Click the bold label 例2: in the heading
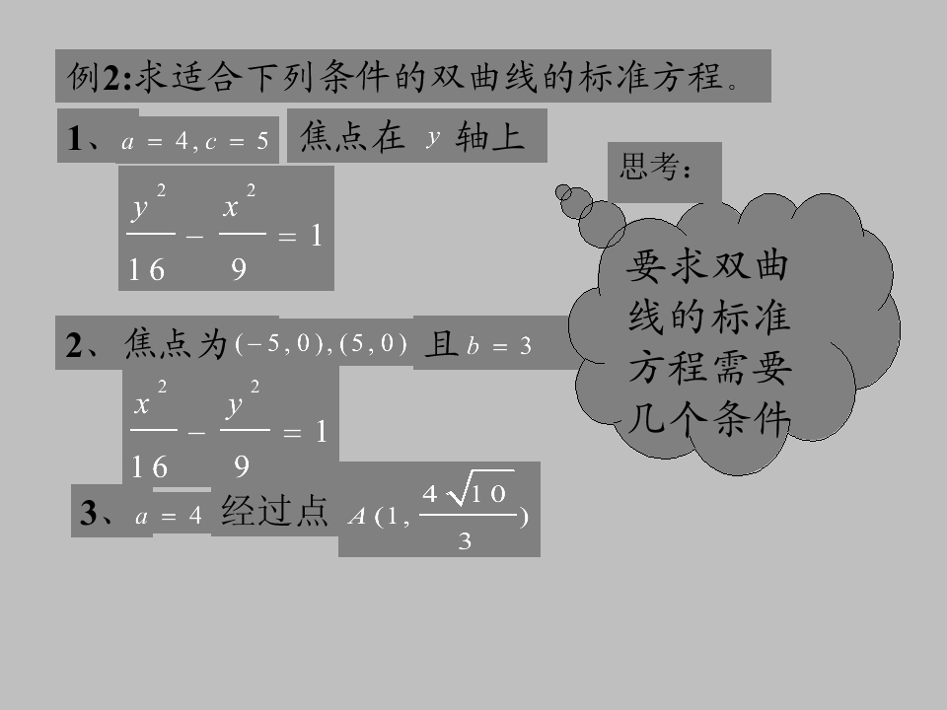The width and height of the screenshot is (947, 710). click(x=99, y=77)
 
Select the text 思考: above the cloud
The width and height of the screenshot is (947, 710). click(x=656, y=166)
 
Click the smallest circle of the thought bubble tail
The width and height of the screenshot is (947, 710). click(x=563, y=192)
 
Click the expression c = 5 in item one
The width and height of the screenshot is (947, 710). click(x=237, y=141)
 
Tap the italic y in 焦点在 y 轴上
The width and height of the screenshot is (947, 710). click(x=432, y=138)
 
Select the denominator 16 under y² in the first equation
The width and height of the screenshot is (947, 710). click(x=147, y=269)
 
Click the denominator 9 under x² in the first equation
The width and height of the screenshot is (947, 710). click(x=239, y=268)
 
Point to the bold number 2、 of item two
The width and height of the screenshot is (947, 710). click(x=83, y=345)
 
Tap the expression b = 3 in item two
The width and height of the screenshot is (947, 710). click(x=499, y=346)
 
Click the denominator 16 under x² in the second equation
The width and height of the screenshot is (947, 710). click(x=149, y=466)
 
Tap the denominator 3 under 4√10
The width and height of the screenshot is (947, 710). click(x=465, y=540)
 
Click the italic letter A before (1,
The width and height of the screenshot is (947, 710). click(x=357, y=517)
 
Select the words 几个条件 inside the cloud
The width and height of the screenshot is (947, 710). click(x=709, y=418)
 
